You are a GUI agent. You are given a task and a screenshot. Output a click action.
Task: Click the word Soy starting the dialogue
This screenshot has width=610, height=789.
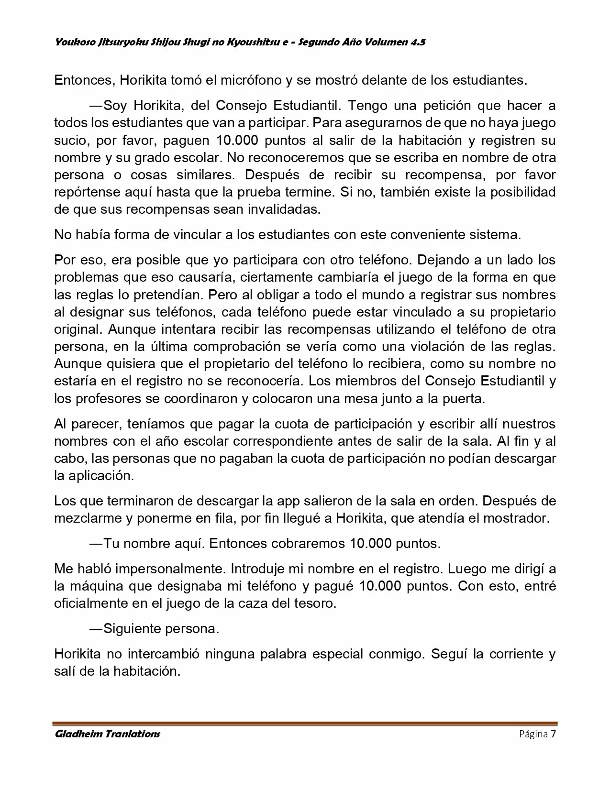point(115,105)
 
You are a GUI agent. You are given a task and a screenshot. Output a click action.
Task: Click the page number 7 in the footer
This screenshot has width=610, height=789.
point(554,734)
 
